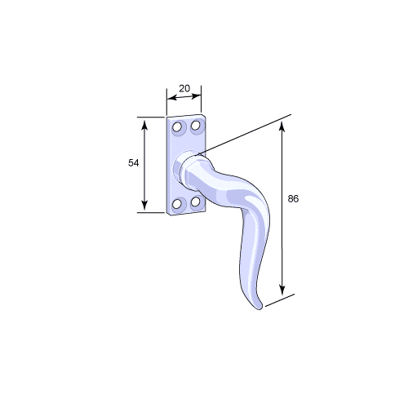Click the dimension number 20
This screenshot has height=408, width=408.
click(184, 88)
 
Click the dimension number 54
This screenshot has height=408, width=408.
click(134, 163)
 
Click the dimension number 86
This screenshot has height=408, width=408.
click(293, 199)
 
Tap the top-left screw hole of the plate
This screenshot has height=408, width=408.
click(177, 127)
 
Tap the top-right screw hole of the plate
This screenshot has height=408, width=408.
click(195, 126)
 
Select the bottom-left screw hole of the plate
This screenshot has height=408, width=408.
click(177, 204)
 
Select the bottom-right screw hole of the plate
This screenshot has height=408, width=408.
click(195, 202)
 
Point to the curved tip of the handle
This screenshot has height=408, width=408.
click(259, 307)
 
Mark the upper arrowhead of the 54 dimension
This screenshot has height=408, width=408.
click(144, 126)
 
